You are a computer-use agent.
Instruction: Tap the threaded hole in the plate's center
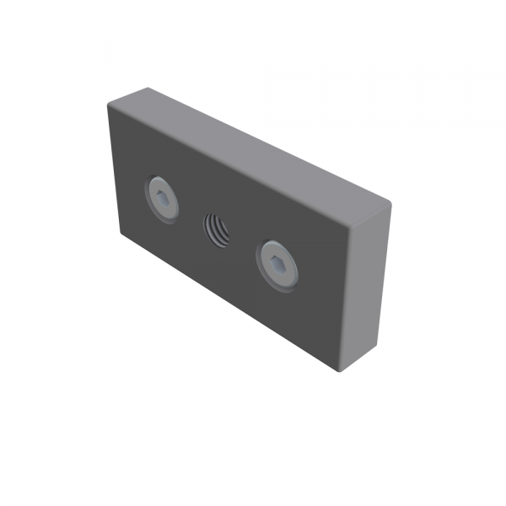click(217, 229)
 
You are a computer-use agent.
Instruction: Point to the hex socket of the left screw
click(163, 199)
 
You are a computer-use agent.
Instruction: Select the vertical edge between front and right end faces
click(345, 295)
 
